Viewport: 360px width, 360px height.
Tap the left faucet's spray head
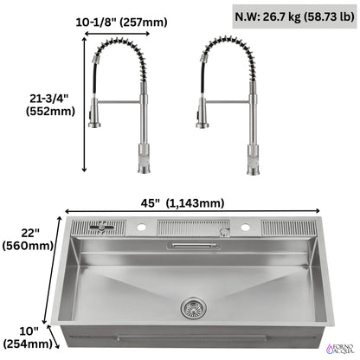pos(95,117)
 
